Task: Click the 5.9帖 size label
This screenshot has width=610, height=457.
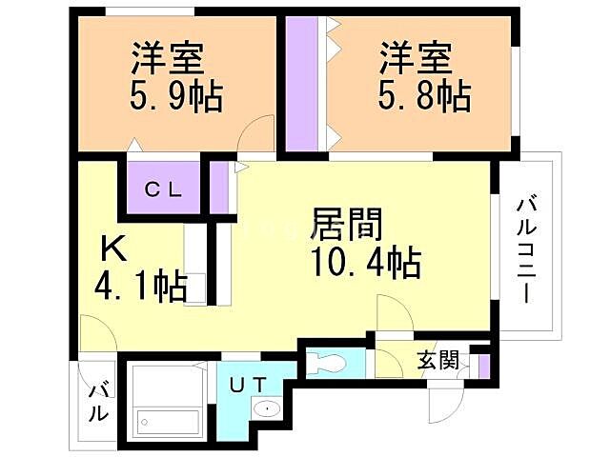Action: coord(175,96)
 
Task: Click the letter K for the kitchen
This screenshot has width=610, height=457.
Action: coord(113,249)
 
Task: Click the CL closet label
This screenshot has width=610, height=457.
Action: coord(162,189)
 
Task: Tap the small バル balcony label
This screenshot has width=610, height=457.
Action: coord(97,402)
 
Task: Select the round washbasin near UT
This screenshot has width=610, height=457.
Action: coord(267,409)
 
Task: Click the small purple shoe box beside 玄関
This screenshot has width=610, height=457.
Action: coord(483,363)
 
